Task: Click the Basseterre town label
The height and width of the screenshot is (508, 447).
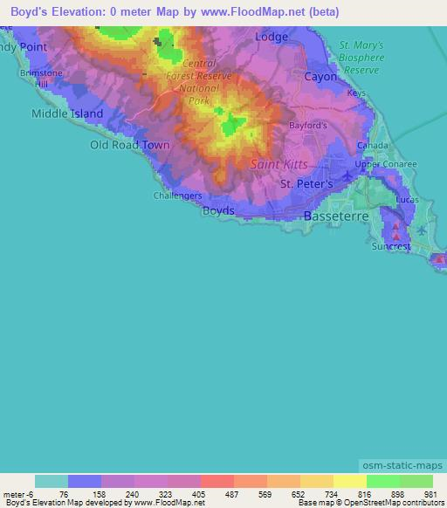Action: click(331, 215)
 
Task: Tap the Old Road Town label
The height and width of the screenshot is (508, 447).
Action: click(130, 145)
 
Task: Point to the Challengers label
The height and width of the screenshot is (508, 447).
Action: click(178, 196)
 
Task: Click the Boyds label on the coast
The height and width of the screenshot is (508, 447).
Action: click(218, 211)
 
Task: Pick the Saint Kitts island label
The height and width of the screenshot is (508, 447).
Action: click(279, 163)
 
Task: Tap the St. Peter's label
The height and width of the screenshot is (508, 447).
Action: click(306, 184)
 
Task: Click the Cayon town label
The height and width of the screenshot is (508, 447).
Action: click(320, 77)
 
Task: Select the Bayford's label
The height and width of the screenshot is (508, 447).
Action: click(308, 125)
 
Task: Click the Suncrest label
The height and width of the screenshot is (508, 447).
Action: click(390, 247)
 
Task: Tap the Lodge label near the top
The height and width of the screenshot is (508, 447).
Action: click(272, 38)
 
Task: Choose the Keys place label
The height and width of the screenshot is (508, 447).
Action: click(356, 93)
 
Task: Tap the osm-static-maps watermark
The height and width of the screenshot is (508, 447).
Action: click(403, 467)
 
